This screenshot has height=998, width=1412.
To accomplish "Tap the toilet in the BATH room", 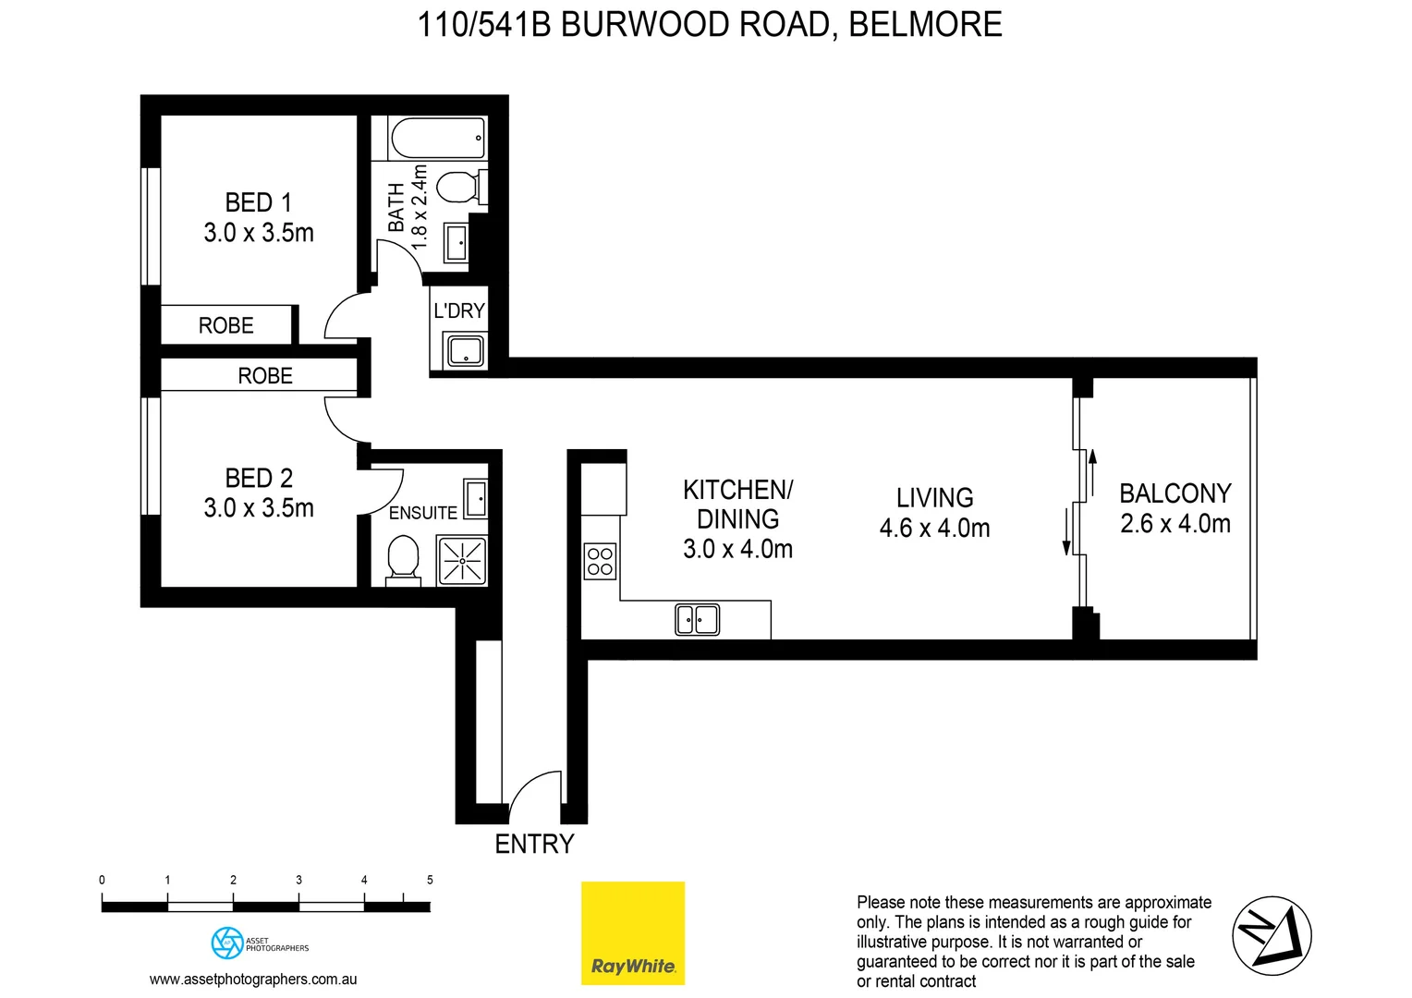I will coord(456,188).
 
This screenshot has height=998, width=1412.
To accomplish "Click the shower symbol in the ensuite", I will coord(461,560).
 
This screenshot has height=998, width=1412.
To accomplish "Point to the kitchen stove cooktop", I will coord(600,561).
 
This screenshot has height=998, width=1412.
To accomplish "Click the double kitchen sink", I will coord(698,619).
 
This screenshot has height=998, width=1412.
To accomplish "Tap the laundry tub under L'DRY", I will coord(465,351).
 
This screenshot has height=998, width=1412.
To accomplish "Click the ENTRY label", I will coord(534,844).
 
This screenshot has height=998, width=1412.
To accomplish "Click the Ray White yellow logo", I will coord(633,932).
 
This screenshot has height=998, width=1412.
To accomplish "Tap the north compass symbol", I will coord(1272,935).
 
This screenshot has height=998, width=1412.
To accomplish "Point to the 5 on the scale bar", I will coord(430,880).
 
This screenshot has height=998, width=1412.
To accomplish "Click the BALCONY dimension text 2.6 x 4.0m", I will coord(1175,524).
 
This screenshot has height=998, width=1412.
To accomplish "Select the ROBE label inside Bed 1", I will coord(225,325).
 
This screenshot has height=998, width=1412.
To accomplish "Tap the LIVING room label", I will coord(934,498).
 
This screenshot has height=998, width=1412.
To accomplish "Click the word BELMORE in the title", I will coord(925,24).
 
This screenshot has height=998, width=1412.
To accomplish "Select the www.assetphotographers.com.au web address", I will coord(253,979).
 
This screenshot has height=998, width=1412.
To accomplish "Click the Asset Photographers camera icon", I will coord(226,943).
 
